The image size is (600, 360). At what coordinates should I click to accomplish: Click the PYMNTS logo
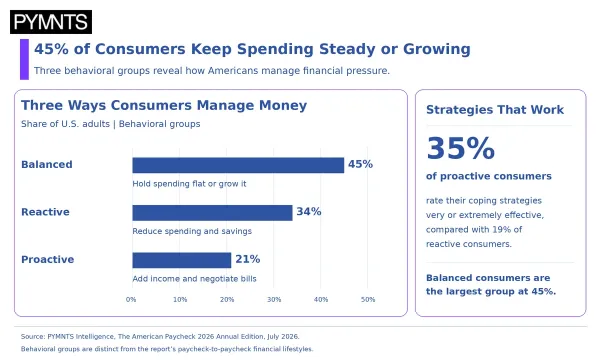51,22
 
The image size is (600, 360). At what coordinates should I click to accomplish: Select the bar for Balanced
238,165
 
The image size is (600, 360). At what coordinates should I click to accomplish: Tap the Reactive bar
212,213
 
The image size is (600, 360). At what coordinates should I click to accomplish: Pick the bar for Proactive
182,260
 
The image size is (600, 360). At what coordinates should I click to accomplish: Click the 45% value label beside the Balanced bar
360,164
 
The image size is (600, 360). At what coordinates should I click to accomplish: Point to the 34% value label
309,212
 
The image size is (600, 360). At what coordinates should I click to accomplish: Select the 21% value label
248,259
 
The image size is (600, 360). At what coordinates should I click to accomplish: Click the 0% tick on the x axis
131,300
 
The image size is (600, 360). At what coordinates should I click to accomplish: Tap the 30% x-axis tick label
274,300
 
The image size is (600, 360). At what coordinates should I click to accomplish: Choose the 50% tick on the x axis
368,300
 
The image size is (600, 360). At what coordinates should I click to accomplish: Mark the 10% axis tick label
180,300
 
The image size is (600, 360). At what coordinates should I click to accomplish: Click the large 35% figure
460,148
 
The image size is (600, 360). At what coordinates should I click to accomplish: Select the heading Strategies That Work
495,110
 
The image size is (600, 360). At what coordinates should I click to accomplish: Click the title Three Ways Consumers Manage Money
164,105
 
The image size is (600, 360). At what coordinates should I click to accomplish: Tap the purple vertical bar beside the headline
24,59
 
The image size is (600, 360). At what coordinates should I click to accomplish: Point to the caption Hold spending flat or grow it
189,184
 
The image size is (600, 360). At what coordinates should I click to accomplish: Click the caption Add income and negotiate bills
194,279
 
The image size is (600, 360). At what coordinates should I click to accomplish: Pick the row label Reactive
45,212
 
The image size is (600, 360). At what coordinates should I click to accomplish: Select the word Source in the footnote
33,337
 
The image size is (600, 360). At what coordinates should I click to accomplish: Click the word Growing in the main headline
437,49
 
